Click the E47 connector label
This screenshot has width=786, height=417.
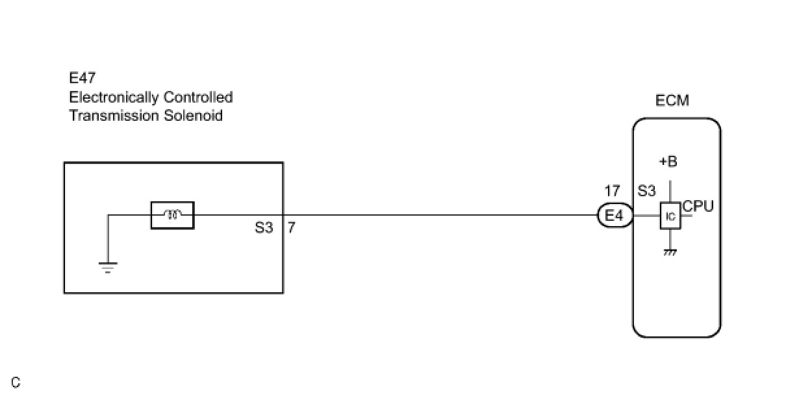82,79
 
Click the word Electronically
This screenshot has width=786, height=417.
114,97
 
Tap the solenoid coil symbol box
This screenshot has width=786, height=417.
172,215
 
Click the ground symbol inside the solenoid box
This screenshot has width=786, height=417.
108,266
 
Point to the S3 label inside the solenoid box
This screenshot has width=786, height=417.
264,229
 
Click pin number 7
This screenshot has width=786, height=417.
292,229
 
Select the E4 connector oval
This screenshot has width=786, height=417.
615,215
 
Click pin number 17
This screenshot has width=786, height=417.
612,192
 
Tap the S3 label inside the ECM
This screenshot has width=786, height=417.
646,192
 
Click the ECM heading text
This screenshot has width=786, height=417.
672,101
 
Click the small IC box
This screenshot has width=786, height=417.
670,216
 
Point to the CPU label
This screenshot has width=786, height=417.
698,207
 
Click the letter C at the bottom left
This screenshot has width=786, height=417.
16,383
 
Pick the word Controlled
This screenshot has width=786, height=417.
198,97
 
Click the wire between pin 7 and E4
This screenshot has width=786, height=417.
442,215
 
